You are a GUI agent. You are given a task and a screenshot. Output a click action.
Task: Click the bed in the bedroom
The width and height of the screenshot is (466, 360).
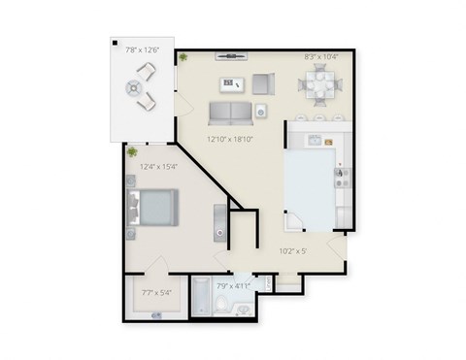pyautogui.click(x=151, y=206)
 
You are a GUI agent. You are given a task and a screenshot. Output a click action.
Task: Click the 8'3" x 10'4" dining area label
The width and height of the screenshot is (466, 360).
pyautogui.click(x=321, y=57)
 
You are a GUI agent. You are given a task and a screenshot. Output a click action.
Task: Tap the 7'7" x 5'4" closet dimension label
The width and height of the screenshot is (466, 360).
pyautogui.click(x=155, y=291)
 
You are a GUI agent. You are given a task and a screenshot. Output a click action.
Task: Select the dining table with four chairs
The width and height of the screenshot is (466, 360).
pyautogui.click(x=321, y=86)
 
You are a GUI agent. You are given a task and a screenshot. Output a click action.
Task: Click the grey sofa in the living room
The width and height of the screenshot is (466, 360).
pyautogui.click(x=229, y=113)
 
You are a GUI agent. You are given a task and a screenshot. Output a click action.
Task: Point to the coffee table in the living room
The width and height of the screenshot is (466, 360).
pyautogui.click(x=232, y=82)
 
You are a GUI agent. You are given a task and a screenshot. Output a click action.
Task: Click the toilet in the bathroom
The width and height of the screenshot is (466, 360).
pyautogui.click(x=221, y=309)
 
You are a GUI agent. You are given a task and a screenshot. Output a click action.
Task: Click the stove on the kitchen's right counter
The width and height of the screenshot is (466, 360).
pyautogui.click(x=341, y=175)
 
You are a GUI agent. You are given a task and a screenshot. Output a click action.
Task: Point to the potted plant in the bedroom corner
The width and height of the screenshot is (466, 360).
pyautogui.click(x=132, y=151)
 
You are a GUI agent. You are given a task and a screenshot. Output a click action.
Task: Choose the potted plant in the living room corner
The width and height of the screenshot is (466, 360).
pyautogui.click(x=183, y=57)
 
